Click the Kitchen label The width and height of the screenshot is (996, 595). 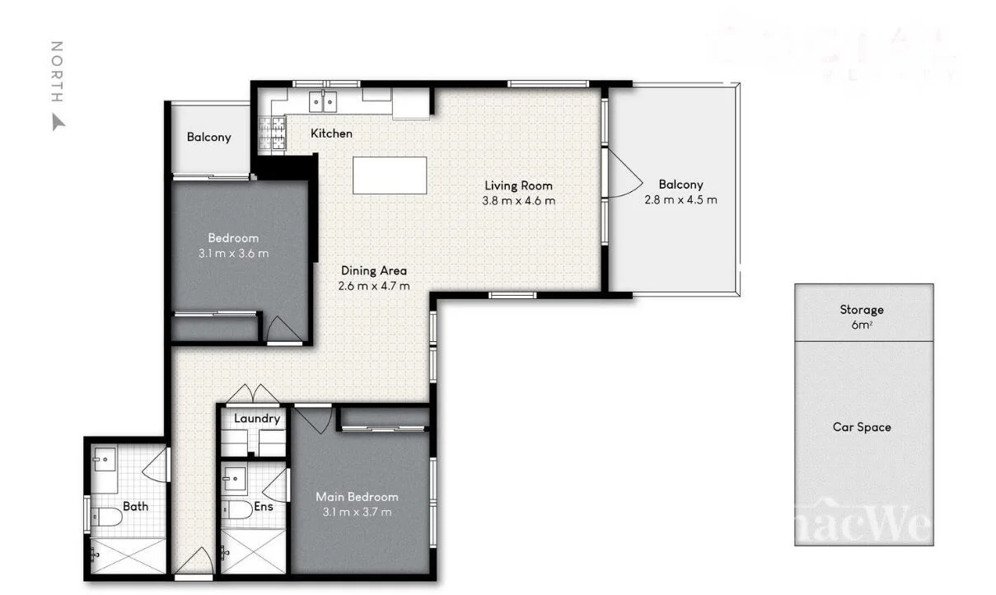point(331,133)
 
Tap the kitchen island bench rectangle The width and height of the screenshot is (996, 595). point(390,176)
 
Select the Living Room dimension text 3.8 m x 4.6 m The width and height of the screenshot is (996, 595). point(518,200)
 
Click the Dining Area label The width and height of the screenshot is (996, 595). point(374,270)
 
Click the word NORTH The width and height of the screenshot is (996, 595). point(57,72)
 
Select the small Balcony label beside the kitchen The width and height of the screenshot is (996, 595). point(208,138)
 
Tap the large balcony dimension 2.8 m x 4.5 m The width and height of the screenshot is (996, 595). point(680,199)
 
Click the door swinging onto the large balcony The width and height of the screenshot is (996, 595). point(620,174)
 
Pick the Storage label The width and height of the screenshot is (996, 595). point(862,310)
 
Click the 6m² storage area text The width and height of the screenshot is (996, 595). point(862,325)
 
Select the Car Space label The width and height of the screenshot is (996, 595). point(862,427)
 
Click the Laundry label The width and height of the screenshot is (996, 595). point(257,419)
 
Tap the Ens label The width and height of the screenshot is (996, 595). point(264,507)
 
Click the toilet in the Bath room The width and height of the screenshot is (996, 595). point(106,516)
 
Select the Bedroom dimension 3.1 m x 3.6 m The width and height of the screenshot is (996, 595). point(233,253)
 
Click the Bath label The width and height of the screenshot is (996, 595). point(135,506)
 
